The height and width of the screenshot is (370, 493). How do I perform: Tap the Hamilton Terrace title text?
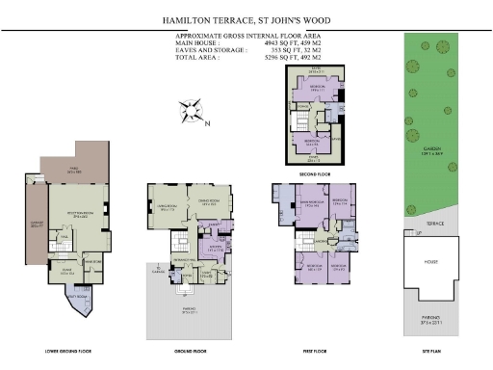tap(246, 17)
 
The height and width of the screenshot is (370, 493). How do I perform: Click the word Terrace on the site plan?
tap(431, 224)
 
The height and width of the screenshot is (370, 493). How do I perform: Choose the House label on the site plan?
tap(430, 260)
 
